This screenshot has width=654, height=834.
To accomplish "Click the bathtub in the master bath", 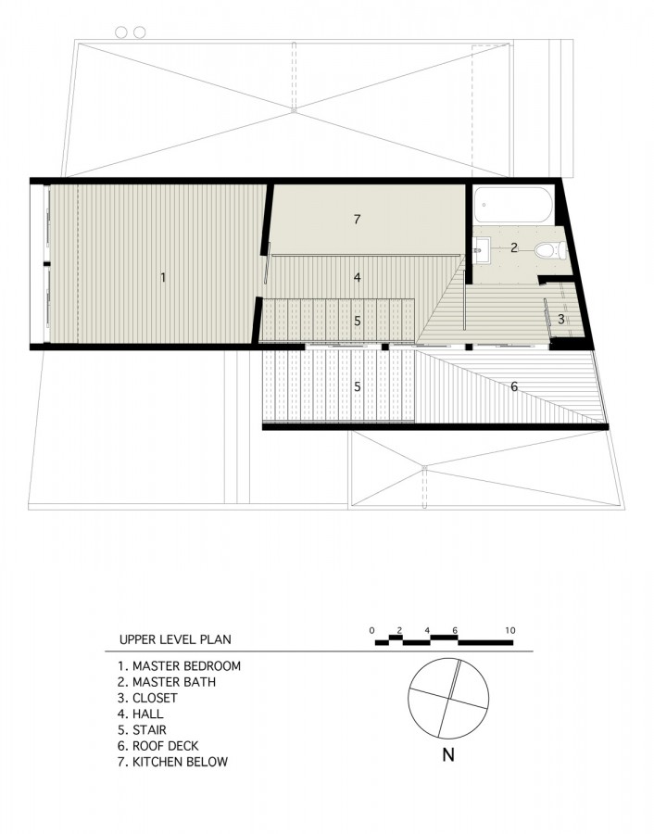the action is coord(513,205).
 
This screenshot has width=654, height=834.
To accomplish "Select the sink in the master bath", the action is coord(482,249).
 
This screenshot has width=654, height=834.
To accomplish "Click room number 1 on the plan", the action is coord(163,277).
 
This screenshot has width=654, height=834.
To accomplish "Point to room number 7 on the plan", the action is coord(357,219).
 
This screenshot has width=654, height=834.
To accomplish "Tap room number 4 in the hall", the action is coord(358,277).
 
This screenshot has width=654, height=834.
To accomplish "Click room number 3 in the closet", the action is coord(561,319).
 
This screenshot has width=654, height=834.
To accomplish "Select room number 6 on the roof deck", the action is coord(513,386).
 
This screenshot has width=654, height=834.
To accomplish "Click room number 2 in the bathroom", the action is coord(513,247).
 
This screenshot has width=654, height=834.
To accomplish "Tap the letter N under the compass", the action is coord(448,754).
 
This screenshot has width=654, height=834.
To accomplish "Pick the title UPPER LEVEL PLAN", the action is coord(175,639).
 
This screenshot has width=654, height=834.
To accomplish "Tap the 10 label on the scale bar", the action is coord(509,630).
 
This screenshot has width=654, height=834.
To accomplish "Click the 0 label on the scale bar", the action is coord(371,630).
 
